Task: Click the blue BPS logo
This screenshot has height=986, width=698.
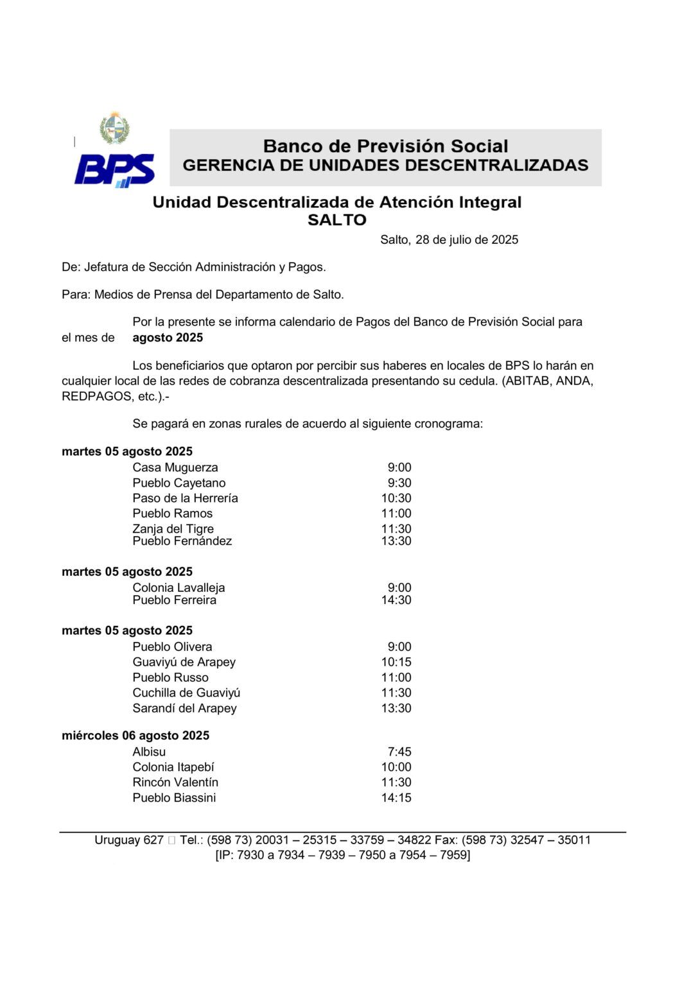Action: pyautogui.click(x=114, y=170)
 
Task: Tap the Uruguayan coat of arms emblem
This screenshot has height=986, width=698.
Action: pyautogui.click(x=114, y=129)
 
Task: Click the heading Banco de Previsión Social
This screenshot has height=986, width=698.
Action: pyautogui.click(x=385, y=146)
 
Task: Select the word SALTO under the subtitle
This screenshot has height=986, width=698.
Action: pyautogui.click(x=336, y=220)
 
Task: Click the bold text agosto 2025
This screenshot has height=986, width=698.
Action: pyautogui.click(x=168, y=338)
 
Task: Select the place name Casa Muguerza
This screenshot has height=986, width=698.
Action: pyautogui.click(x=175, y=467)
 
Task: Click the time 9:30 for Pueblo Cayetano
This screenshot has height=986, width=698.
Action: pyautogui.click(x=399, y=483)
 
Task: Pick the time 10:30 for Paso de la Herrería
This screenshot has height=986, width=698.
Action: pyautogui.click(x=396, y=498)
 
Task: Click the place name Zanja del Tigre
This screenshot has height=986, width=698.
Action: pyautogui.click(x=173, y=528)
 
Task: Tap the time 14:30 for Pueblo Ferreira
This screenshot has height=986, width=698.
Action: pyautogui.click(x=396, y=600)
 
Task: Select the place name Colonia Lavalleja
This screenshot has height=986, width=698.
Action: pyautogui.click(x=179, y=587)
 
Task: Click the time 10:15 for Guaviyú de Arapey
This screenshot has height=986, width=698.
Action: pyautogui.click(x=396, y=662)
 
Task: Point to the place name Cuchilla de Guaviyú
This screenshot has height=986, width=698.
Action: pyautogui.click(x=186, y=693)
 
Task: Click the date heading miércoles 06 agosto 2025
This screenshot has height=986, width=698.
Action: pyautogui.click(x=135, y=736)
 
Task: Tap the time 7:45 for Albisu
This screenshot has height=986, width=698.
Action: pyautogui.click(x=399, y=752)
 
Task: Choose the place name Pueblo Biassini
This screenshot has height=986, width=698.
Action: pyautogui.click(x=174, y=798)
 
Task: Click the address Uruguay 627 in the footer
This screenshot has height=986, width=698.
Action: pyautogui.click(x=128, y=840)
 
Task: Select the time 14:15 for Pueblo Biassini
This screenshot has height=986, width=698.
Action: pyautogui.click(x=396, y=798)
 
